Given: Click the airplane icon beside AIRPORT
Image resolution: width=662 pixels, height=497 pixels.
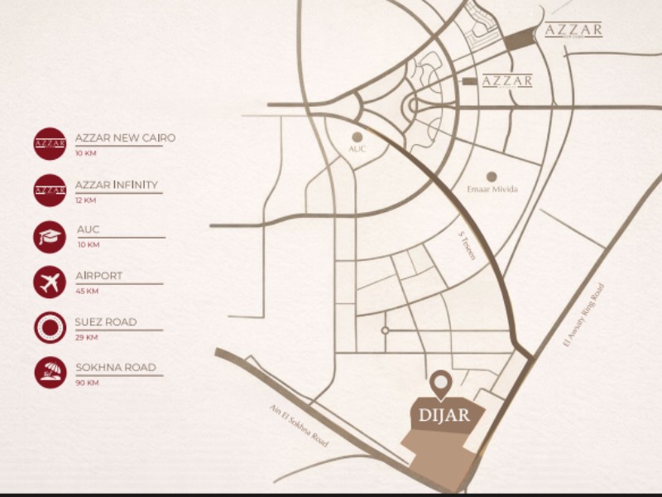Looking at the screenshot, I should [50, 282].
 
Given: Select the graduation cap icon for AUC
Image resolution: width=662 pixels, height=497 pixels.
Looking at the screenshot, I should [50, 236].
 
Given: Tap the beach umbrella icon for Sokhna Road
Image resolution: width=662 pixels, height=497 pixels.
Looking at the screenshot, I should [50, 372].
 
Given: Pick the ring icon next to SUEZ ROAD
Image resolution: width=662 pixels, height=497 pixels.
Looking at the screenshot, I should [50, 326].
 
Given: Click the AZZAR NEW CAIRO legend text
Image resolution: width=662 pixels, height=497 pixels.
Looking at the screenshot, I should [125, 138].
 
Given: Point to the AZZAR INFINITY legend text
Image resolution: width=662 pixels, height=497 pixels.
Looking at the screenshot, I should [116, 184].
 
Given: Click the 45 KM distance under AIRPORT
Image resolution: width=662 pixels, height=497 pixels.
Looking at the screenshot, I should [87, 291].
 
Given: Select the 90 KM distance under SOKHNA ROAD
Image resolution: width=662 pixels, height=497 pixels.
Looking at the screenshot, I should [87, 383].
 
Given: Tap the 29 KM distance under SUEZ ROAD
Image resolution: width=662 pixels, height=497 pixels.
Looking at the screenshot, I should [86, 337].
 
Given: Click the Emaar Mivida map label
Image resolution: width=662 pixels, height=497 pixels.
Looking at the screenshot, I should [492, 190].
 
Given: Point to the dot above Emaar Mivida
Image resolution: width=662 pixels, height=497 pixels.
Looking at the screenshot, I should [491, 176].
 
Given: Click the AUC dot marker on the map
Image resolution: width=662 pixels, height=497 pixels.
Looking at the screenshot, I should [357, 137].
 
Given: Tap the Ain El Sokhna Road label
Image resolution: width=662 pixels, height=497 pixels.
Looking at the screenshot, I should [299, 425].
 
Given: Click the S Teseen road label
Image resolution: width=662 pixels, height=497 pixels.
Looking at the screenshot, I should [468, 246].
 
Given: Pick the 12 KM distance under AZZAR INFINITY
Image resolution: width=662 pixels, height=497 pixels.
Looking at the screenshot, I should [85, 200].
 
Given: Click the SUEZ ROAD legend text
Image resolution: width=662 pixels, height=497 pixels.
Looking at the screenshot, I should [106, 321].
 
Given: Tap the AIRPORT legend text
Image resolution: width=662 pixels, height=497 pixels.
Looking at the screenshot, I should [98, 276].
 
